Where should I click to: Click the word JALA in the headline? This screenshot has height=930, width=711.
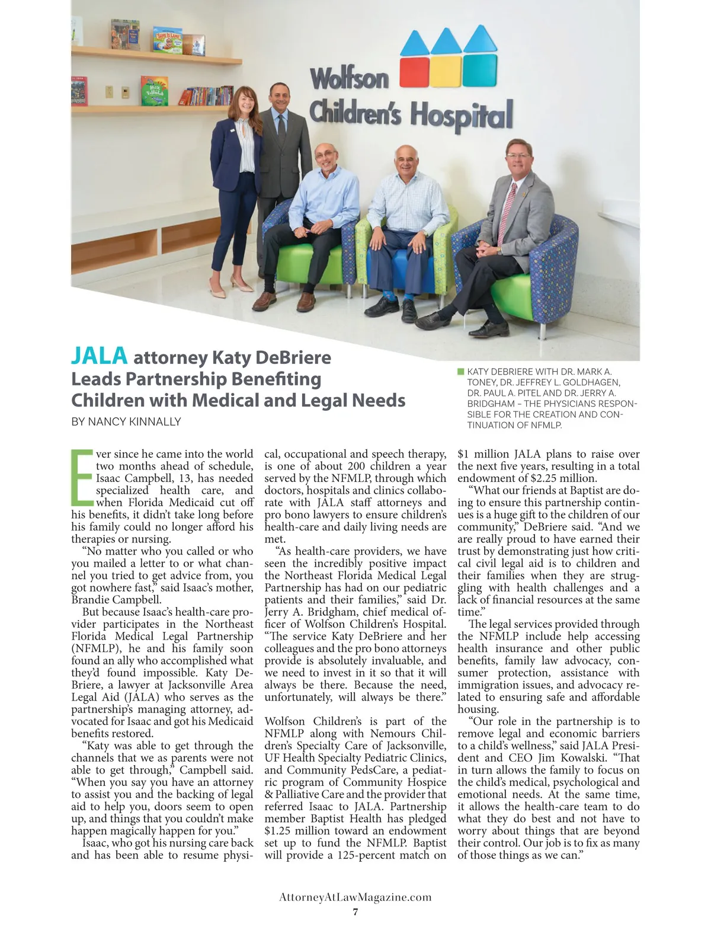pos(99,356)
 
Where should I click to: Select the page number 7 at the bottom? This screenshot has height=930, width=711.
pos(355,912)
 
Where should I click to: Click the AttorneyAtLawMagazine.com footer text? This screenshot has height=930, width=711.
pos(355,897)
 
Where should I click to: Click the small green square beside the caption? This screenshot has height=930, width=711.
pos(460,372)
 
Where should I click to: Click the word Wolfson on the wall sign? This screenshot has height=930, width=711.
pos(350,78)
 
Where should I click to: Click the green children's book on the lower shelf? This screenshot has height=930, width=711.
pos(154,91)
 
